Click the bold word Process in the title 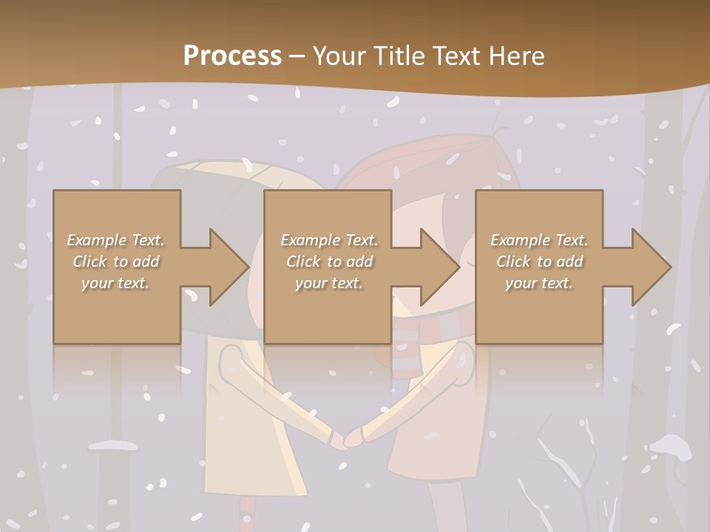click(x=232, y=55)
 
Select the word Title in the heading click(x=397, y=55)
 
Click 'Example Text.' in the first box click(x=116, y=240)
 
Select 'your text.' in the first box click(x=116, y=283)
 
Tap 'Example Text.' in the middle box click(x=329, y=240)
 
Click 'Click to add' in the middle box click(x=329, y=262)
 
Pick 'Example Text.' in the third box click(x=539, y=240)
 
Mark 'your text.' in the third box click(x=539, y=283)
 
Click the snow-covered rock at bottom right click(x=670, y=446)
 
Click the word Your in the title click(x=339, y=55)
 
